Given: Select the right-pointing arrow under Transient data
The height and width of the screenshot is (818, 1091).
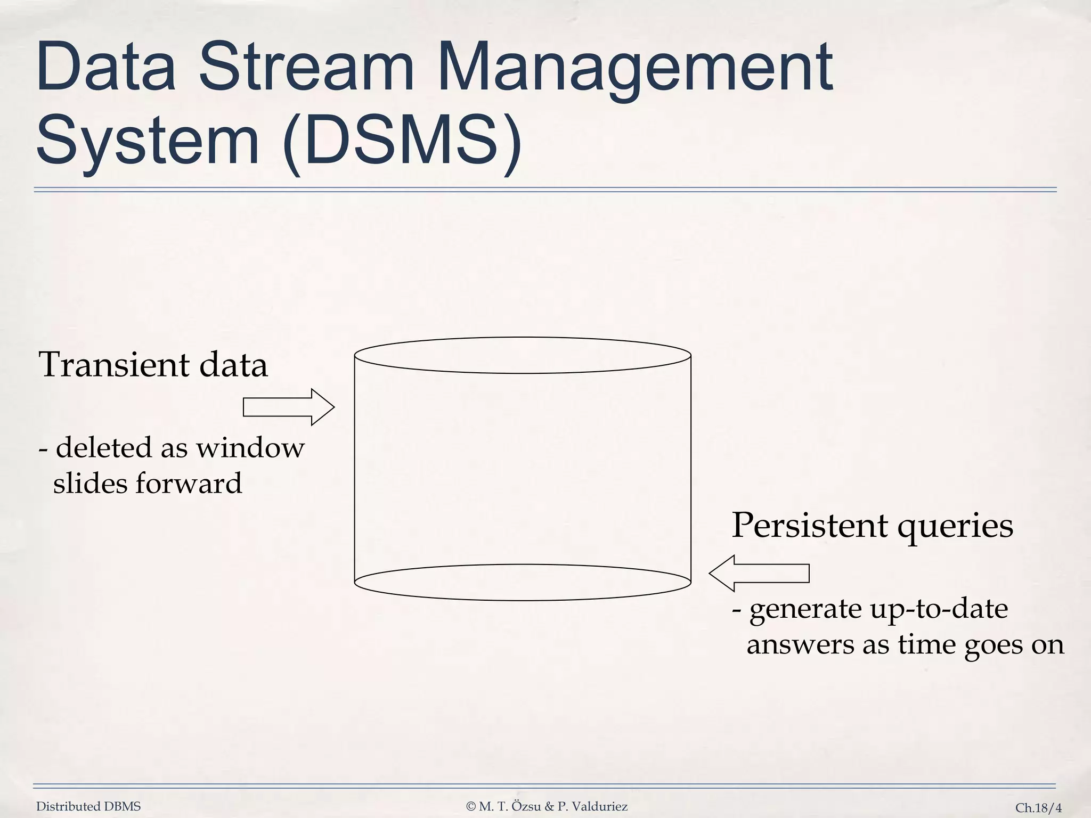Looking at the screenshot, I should pyautogui.click(x=288, y=407).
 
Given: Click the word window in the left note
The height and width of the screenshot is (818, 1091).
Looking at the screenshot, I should pyautogui.click(x=250, y=448).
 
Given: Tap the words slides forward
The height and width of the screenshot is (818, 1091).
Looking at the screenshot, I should pyautogui.click(x=148, y=484).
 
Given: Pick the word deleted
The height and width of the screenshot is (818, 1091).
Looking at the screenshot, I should pyautogui.click(x=104, y=448).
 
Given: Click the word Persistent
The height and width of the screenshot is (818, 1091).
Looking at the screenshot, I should pyautogui.click(x=809, y=526).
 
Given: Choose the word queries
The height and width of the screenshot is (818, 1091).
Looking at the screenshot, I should pyautogui.click(x=955, y=527).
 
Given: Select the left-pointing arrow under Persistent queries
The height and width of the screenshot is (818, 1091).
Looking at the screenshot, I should pyautogui.click(x=759, y=573).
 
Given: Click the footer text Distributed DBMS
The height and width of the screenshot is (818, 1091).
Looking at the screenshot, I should pyautogui.click(x=88, y=807).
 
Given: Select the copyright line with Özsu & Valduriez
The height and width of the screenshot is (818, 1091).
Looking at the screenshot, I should pyautogui.click(x=547, y=807).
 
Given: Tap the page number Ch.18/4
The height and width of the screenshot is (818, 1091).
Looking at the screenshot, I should pyautogui.click(x=1038, y=808).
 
